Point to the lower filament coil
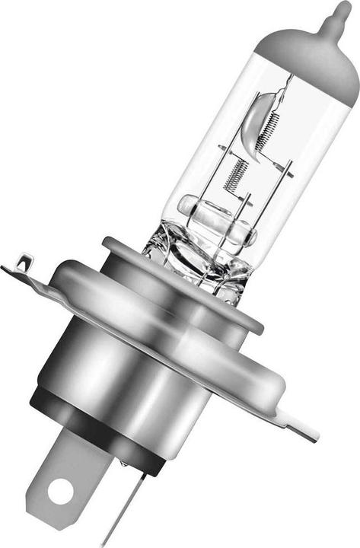click(235, 173)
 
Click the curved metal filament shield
click(253, 122)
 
